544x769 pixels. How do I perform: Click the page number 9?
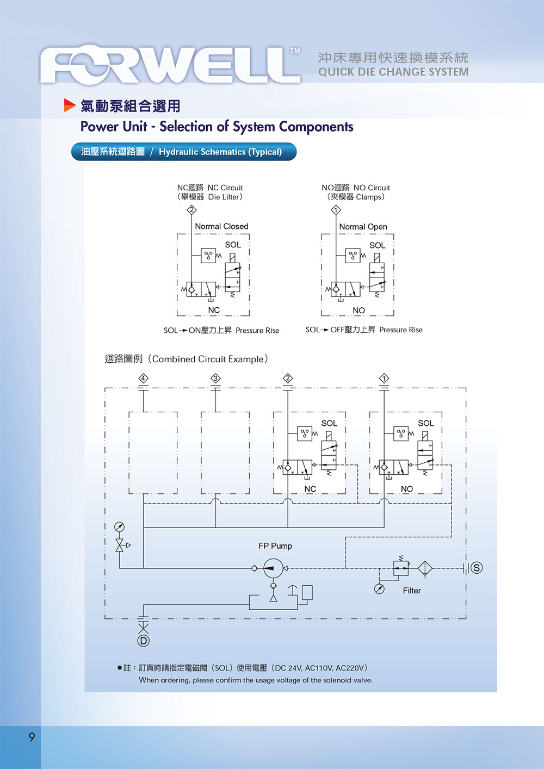(x=32, y=737)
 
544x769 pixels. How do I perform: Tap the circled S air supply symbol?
(x=477, y=568)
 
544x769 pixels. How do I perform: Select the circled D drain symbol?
(x=143, y=641)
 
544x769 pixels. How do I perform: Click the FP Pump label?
(x=275, y=546)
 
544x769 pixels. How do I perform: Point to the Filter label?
(x=412, y=591)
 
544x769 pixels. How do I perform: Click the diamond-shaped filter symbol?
(x=425, y=568)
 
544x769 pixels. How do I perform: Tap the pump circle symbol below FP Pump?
(x=273, y=568)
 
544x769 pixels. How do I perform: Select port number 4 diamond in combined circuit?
(x=143, y=378)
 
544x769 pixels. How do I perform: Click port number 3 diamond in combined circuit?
(x=215, y=378)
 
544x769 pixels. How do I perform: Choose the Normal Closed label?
(x=221, y=226)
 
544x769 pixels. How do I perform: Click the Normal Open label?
(x=363, y=227)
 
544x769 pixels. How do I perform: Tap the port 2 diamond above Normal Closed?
(x=191, y=210)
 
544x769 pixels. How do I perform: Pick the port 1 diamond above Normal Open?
(x=336, y=210)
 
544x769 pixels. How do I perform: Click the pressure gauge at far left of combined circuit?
(x=119, y=526)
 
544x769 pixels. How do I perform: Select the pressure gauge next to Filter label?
(x=380, y=589)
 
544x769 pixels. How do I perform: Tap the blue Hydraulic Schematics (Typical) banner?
(x=184, y=152)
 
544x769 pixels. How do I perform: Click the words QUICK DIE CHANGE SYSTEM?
(x=393, y=72)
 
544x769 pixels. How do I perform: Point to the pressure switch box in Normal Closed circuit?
(x=208, y=256)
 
